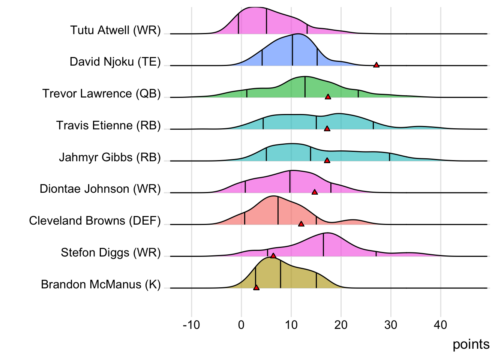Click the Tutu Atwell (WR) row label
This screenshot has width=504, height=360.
(115, 30)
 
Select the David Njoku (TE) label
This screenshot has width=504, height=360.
(115, 61)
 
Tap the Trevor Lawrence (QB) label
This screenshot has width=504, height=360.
(102, 93)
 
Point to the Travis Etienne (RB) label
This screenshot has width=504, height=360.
(108, 125)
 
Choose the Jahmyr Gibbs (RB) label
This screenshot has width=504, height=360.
(110, 157)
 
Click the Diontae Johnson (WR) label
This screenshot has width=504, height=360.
(100, 189)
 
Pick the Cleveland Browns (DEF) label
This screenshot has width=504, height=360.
(95, 220)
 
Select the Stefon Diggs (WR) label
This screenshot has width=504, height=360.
(111, 252)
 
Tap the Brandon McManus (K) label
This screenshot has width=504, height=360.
(101, 284)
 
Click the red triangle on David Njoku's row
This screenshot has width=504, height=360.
(376, 65)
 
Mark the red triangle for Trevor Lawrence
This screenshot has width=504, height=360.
(328, 97)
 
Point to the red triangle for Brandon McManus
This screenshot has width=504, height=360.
(256, 288)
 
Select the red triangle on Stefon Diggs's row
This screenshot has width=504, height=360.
(273, 256)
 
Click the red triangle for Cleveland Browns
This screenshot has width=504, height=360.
(301, 224)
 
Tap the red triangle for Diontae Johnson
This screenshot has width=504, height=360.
(315, 192)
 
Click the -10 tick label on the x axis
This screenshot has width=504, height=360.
(191, 325)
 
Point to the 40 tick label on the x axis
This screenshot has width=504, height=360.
(441, 325)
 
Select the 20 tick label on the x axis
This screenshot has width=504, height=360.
(341, 325)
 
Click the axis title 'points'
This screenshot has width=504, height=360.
(471, 344)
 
